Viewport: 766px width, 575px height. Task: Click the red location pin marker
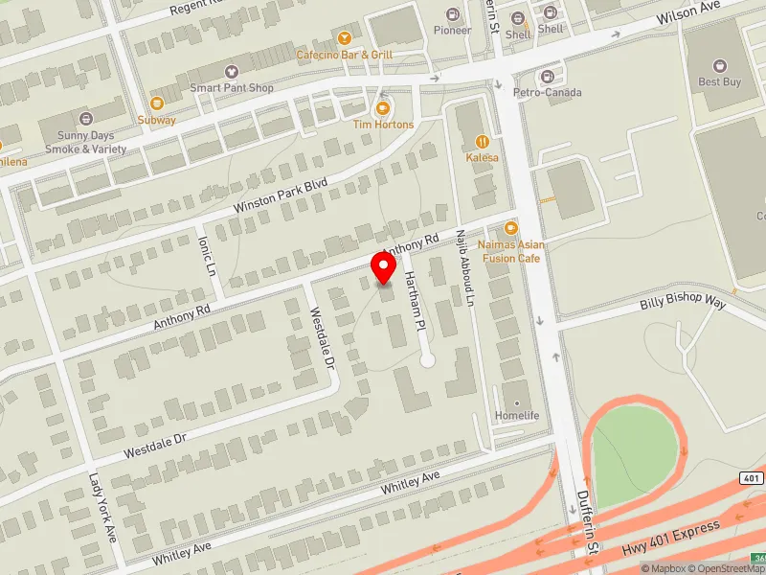(384, 266)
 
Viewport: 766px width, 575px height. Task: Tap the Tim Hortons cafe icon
(383, 109)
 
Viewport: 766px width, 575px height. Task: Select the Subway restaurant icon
(156, 103)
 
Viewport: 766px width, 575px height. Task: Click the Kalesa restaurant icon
(483, 141)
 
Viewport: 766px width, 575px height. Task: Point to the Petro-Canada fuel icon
(548, 76)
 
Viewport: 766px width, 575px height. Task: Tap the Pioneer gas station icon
(453, 13)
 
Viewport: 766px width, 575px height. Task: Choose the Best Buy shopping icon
(720, 65)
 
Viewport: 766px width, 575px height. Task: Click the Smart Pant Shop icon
(231, 72)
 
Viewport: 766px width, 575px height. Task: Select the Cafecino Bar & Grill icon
(344, 37)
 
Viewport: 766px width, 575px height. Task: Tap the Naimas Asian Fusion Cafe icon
(510, 228)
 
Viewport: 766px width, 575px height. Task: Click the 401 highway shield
(750, 477)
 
